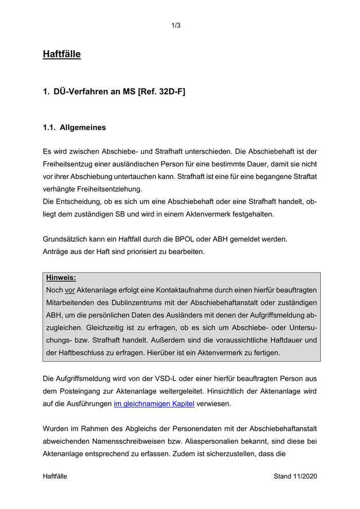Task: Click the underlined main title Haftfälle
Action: coord(62,53)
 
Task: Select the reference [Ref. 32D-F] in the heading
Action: coord(161,92)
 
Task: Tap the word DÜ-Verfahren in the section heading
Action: coord(78,92)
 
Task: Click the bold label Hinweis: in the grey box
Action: coord(61,278)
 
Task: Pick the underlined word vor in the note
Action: coord(70,290)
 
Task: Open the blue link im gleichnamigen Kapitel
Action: coord(154,404)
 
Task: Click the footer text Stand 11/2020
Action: coord(295,476)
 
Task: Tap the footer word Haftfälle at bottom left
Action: coord(55,476)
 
